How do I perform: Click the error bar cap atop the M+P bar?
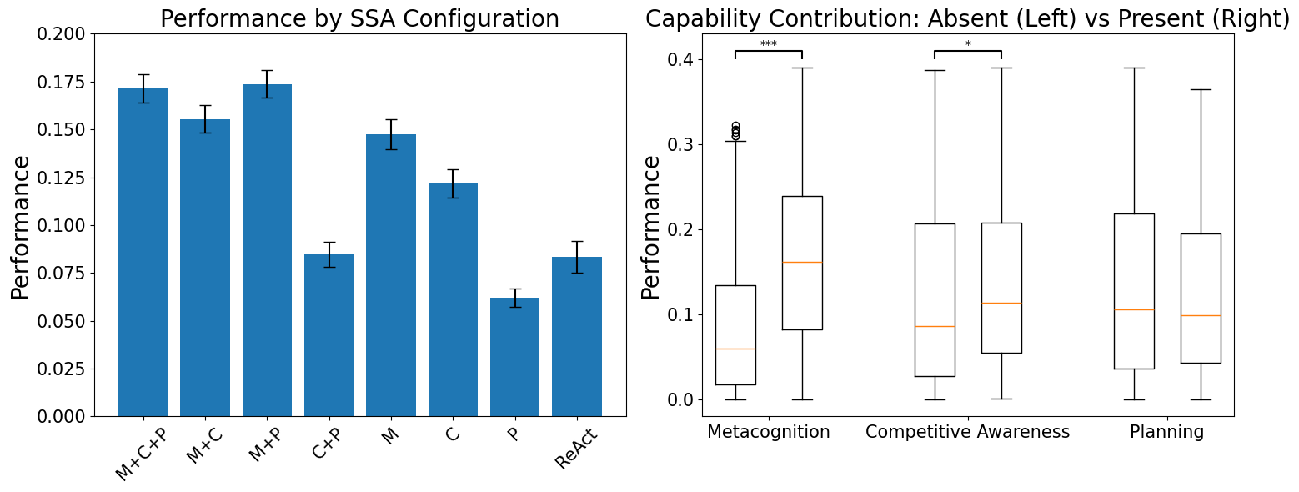(267, 71)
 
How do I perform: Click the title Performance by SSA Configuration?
(359, 18)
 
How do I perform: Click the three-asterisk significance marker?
(768, 44)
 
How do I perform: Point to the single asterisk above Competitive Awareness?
(968, 44)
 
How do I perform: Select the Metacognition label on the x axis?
(768, 432)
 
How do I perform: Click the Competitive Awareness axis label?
(967, 432)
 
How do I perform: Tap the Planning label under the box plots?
(1166, 432)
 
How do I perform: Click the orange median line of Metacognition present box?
(802, 262)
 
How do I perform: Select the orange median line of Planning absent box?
(1134, 309)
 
